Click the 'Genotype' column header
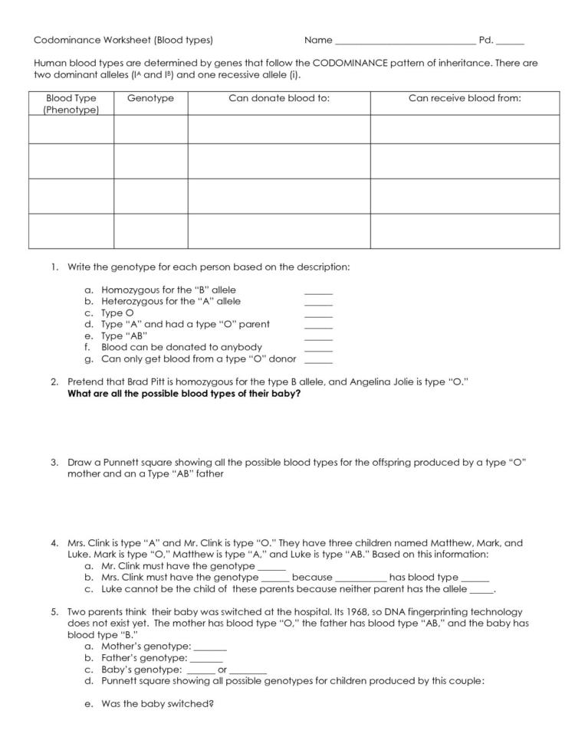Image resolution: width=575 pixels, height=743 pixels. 150,99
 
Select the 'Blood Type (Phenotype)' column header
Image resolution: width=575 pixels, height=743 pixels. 71,104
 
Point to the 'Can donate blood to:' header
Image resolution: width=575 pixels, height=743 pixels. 279,99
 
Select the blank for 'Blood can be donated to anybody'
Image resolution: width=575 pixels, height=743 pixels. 318,349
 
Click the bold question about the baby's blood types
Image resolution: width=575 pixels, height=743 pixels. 184,393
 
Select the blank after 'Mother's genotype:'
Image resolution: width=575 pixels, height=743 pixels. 210,647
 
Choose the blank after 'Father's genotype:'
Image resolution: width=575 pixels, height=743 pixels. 205,659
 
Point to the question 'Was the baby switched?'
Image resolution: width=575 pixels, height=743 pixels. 157,704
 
